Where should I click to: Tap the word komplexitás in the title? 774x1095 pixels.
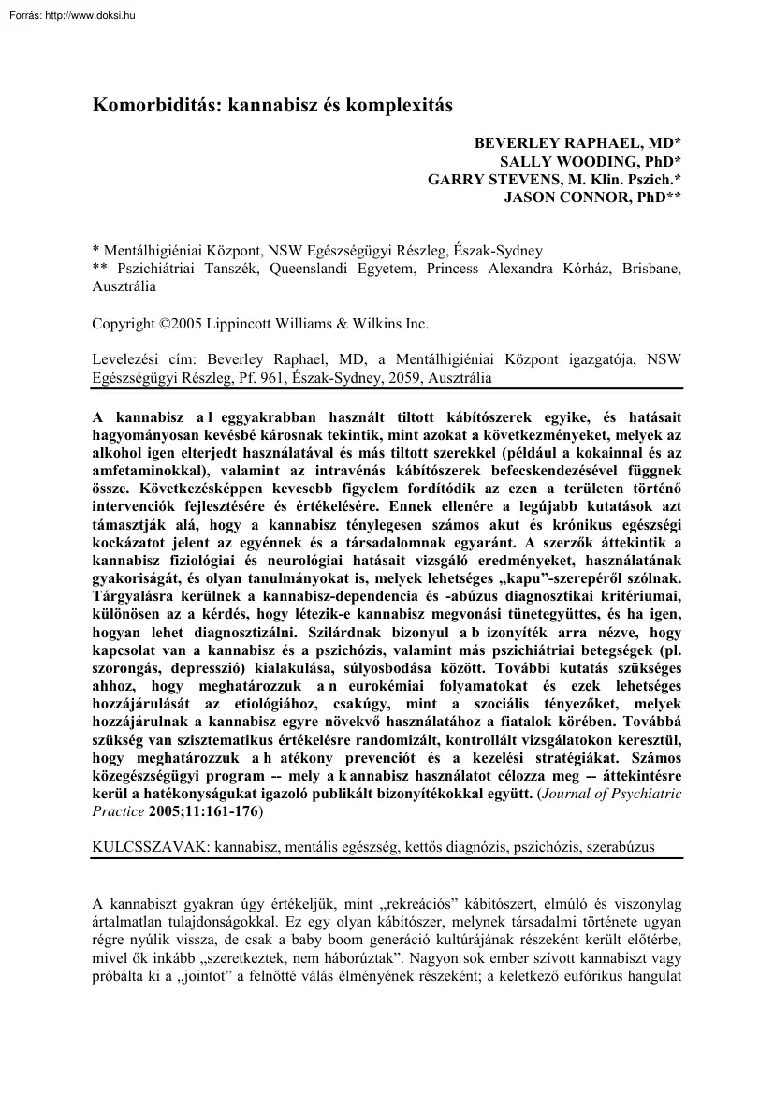[400, 105]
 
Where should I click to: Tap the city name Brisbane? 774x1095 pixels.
[650, 268]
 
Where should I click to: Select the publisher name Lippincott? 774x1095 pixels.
[265, 324]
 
